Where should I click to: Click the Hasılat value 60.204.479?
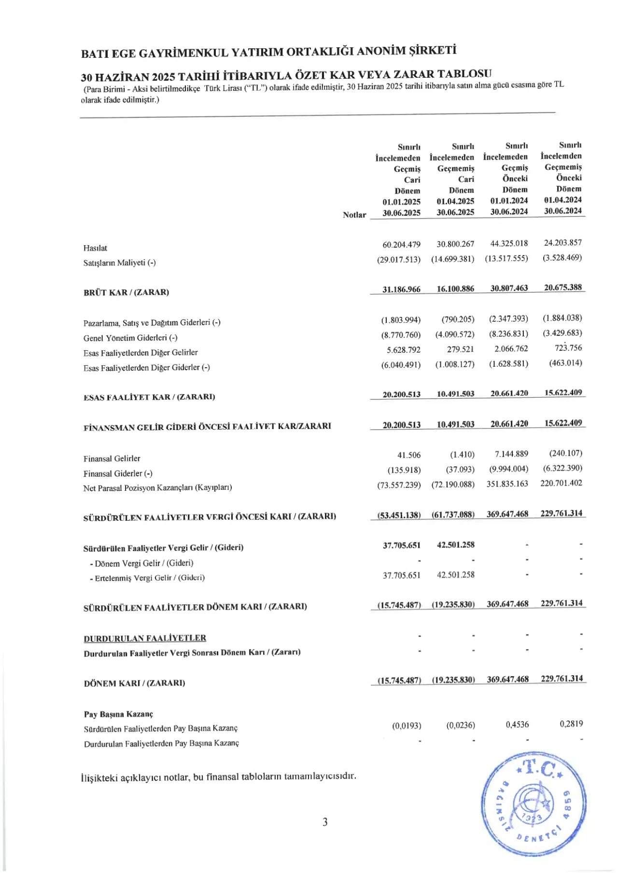point(401,245)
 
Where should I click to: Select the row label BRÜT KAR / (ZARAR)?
point(126,292)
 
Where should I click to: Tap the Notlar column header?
point(354,215)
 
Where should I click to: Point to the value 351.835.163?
point(507,484)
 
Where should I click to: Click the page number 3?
point(325,822)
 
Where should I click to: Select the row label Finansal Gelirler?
point(112,458)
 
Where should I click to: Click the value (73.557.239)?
point(399,485)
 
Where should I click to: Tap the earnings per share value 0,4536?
point(517,724)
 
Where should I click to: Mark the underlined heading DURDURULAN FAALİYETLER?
point(145,638)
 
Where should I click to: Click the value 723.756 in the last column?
point(568,347)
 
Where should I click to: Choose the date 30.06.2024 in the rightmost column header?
point(562,211)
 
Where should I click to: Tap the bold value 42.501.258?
point(455,545)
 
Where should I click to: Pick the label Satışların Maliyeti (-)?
point(119,263)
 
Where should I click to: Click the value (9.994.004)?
point(508,469)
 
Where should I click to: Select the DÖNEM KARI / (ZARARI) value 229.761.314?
point(562,679)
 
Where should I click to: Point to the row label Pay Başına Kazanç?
point(118,714)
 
